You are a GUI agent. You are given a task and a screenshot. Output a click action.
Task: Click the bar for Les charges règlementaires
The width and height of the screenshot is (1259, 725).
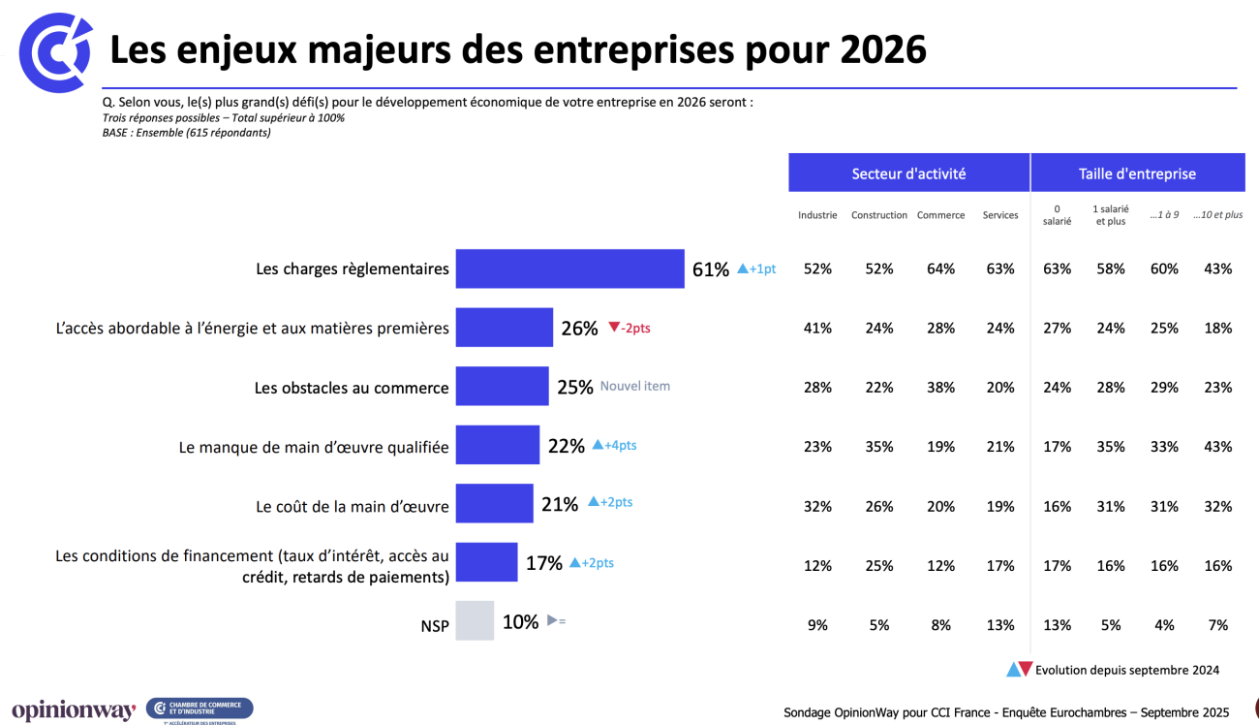click(569, 268)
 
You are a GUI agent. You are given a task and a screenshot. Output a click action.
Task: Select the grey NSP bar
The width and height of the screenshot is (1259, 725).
click(475, 621)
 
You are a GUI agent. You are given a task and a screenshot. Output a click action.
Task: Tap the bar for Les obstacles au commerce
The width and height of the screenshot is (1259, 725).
click(502, 386)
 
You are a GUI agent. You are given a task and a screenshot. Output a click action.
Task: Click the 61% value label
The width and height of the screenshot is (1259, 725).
click(710, 269)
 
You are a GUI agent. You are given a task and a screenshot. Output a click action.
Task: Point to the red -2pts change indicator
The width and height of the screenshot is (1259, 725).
click(629, 329)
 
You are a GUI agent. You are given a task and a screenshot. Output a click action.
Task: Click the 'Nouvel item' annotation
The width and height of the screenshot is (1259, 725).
click(635, 386)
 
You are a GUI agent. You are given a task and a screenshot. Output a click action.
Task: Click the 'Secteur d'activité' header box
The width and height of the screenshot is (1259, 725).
click(908, 173)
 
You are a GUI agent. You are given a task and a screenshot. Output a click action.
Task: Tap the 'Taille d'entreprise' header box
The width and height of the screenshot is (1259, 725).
click(1137, 173)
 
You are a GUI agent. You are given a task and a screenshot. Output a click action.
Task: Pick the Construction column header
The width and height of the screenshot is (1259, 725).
click(879, 215)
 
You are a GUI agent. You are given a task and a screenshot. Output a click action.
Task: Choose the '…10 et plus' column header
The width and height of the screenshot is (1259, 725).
click(1217, 215)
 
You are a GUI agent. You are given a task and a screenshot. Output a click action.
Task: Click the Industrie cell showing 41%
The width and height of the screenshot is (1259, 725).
click(817, 329)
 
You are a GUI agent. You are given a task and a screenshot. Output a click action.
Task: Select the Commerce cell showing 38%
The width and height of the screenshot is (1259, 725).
click(940, 388)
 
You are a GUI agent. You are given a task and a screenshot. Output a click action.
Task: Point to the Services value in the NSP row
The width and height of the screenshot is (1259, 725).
click(1000, 625)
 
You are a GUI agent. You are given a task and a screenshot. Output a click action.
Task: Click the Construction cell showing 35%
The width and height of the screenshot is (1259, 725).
click(879, 447)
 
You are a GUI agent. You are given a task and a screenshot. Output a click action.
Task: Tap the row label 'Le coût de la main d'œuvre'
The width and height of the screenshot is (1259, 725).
click(353, 506)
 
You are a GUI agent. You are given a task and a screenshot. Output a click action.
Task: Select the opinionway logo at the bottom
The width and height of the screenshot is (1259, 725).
click(74, 710)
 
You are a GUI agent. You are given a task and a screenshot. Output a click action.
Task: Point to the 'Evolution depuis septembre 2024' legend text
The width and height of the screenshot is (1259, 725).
click(1127, 670)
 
